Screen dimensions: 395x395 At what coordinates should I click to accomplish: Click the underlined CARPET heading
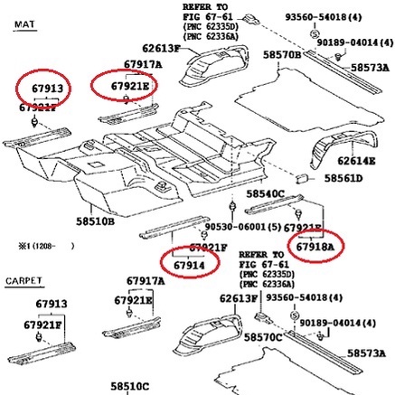pyautogui.click(x=24, y=281)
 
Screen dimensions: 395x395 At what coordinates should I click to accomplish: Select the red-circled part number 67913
pyautogui.click(x=43, y=89)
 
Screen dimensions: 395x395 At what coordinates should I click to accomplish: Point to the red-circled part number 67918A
pyautogui.click(x=313, y=244)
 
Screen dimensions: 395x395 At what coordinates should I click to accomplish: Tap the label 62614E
pyautogui.click(x=362, y=161)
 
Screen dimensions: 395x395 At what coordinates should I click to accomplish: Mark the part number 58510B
pyautogui.click(x=96, y=217)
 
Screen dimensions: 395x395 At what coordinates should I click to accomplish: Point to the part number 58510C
pyautogui.click(x=130, y=386)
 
